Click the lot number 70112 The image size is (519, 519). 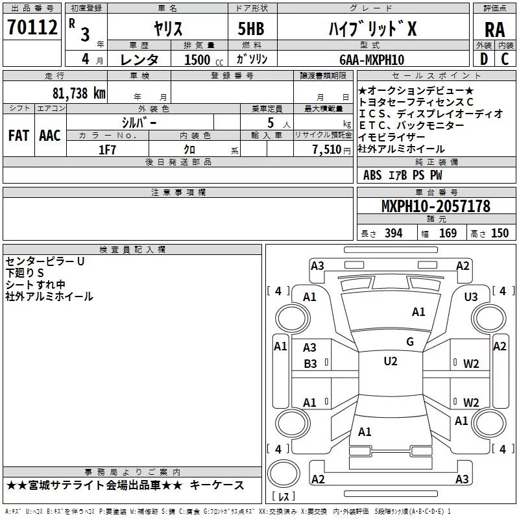pyautogui.click(x=32, y=28)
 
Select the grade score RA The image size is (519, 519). pyautogui.click(x=494, y=29)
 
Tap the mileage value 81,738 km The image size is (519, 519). pyautogui.click(x=77, y=93)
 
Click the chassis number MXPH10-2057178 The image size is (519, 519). pyautogui.click(x=435, y=207)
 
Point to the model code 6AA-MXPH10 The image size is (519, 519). pyautogui.click(x=372, y=60)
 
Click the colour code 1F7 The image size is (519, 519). pyautogui.click(x=108, y=149)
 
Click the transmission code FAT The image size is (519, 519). pyautogui.click(x=18, y=136)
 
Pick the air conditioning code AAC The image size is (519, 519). pyautogui.click(x=49, y=136)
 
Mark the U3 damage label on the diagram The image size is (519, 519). pyautogui.click(x=471, y=296)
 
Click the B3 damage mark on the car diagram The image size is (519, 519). pyautogui.click(x=310, y=364)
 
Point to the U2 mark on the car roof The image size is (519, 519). pyautogui.click(x=390, y=361)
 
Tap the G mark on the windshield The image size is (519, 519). pyautogui.click(x=409, y=342)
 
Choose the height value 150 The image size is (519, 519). pyautogui.click(x=500, y=234)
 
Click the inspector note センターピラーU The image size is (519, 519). pyautogui.click(x=45, y=261)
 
